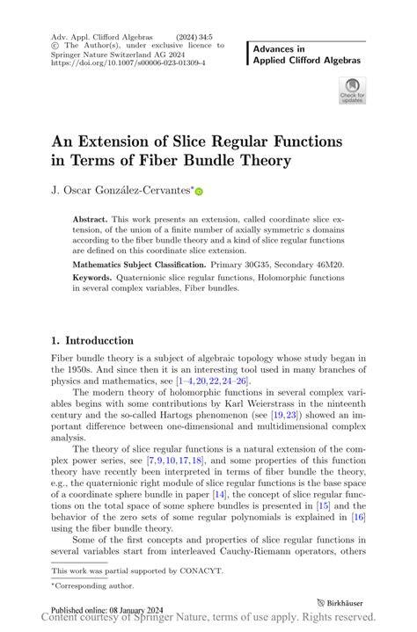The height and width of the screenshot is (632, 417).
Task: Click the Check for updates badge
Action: tap(352, 89)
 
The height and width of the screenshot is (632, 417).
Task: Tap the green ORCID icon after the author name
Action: tap(199, 190)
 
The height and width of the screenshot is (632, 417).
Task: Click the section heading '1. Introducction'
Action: tap(91, 340)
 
